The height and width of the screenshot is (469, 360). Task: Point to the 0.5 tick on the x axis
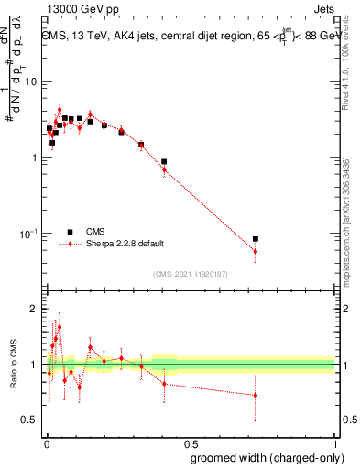point(190,441)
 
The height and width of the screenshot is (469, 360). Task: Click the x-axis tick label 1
point(333,441)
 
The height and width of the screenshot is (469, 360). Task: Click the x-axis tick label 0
point(47,441)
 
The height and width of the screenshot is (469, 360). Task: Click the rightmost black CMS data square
point(256,239)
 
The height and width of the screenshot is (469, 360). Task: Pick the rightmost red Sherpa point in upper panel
point(256,251)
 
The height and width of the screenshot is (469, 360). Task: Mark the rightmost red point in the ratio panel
point(256,395)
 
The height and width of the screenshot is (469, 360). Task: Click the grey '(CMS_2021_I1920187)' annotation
point(190,273)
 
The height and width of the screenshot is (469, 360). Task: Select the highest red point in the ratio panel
point(60,327)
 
